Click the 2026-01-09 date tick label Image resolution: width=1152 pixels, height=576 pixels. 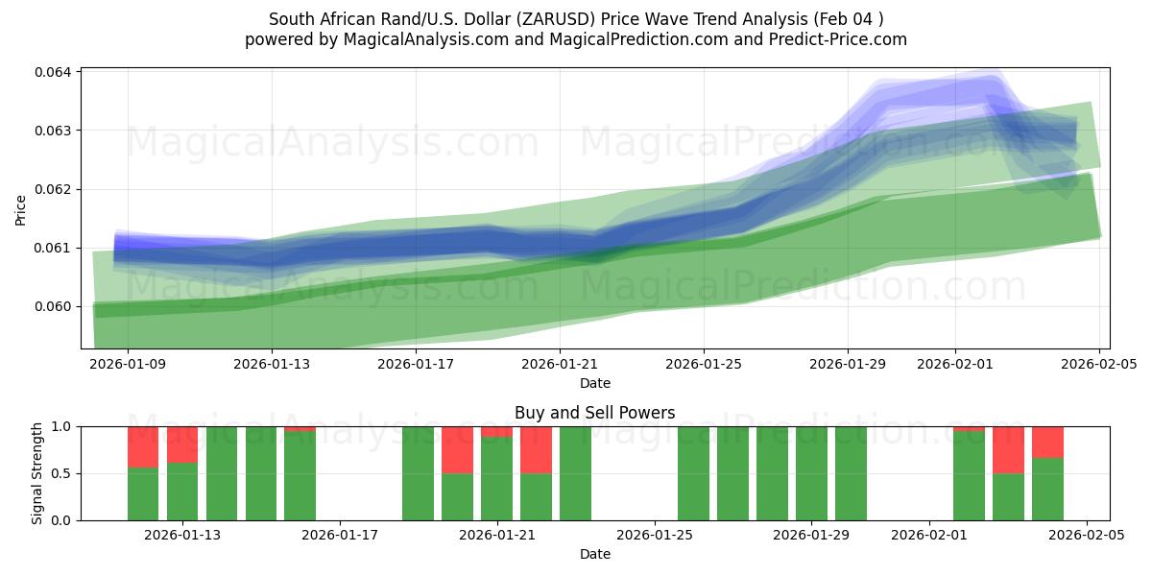pos(128,364)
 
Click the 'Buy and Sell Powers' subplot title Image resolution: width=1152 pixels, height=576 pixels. pos(594,413)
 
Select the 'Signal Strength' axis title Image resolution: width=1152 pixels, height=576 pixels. pos(37,473)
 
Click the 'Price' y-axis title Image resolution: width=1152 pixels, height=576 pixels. pos(21,208)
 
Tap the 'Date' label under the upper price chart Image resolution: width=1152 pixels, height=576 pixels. pos(594,383)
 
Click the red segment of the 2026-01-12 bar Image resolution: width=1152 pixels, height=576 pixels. pos(143,446)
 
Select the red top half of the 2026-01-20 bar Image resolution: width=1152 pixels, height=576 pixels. pos(457,449)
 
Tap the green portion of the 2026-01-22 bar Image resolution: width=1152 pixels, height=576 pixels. pos(536,496)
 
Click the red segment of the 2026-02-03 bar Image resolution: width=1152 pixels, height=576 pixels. pos(1008,449)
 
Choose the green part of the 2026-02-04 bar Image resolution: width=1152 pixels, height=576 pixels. pos(1047,489)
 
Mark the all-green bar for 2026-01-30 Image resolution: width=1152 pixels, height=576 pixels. pos(851,473)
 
